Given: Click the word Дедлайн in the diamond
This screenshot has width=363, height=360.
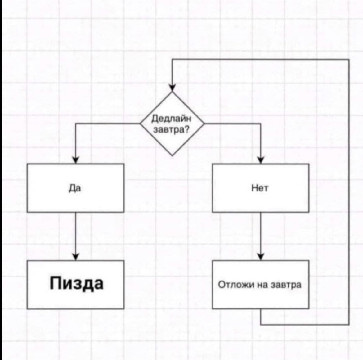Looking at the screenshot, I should (x=171, y=119).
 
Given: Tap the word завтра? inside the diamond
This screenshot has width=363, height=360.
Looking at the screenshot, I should (x=171, y=130).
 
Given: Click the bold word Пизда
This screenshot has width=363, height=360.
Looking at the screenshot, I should (x=76, y=283).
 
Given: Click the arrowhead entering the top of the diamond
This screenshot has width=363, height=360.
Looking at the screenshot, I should (x=172, y=88).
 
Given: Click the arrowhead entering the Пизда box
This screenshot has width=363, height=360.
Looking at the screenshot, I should (x=75, y=257).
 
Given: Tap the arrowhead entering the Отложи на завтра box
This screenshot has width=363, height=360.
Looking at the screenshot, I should (x=261, y=257).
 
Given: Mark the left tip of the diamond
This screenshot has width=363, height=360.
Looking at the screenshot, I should (x=141, y=124).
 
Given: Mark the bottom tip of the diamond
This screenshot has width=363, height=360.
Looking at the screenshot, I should (x=172, y=155).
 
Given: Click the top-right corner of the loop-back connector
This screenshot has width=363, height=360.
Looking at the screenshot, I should (x=349, y=59).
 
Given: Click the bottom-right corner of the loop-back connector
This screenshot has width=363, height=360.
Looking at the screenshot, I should (x=349, y=325).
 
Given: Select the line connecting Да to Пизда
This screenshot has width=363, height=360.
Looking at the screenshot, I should (x=75, y=233).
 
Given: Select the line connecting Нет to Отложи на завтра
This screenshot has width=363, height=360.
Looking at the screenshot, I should (x=261, y=233).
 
